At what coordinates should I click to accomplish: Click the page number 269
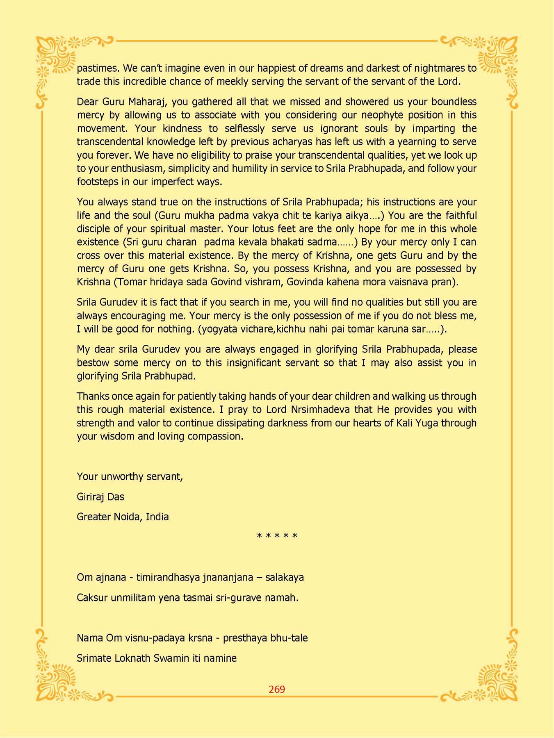click(277, 689)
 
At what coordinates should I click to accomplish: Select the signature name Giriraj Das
click(100, 497)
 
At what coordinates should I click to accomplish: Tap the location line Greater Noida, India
click(123, 517)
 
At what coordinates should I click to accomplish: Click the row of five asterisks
click(277, 536)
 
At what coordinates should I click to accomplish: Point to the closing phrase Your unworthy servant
click(130, 476)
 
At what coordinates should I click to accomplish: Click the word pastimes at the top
click(98, 68)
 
